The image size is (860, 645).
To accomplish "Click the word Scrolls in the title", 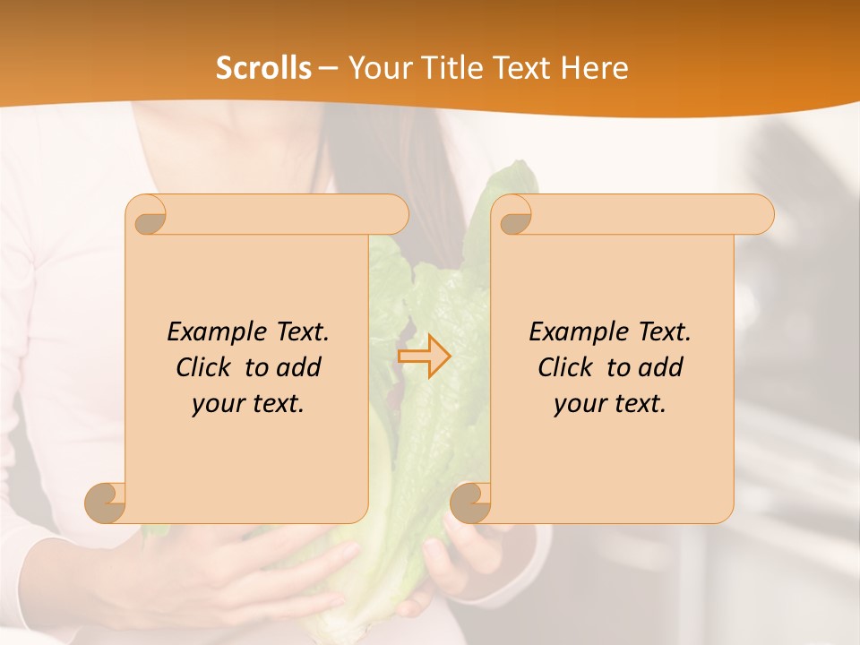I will pos(264,68).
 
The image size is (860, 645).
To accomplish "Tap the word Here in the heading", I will pos(594,68).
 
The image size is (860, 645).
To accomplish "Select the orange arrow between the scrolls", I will pos(424,356).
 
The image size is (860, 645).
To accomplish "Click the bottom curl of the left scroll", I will pos(106,503).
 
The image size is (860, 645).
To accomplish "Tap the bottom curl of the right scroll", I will pos(470,503).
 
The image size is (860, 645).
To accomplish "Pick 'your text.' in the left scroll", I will pos(248,404).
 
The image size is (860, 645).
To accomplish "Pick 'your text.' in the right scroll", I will pos(610,404).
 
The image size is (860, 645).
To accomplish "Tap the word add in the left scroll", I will pos(300,367).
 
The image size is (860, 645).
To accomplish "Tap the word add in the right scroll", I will pos(662,367).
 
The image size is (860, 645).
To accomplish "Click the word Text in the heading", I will pos(519,68).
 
